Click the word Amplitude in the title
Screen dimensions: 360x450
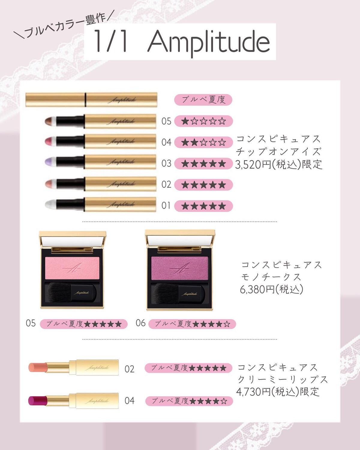click(209, 42)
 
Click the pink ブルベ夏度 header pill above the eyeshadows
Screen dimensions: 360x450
click(203, 100)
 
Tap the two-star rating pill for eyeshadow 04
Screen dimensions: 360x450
click(203, 142)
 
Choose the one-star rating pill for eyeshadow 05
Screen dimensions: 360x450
click(203, 121)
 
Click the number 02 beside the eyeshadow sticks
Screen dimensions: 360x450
click(166, 184)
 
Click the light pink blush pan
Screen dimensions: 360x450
click(72, 268)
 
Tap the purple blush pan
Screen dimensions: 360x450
click(180, 268)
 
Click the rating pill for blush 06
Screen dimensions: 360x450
click(192, 324)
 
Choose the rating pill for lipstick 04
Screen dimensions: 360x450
click(189, 401)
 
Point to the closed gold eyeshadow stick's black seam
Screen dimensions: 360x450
click(85, 100)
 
